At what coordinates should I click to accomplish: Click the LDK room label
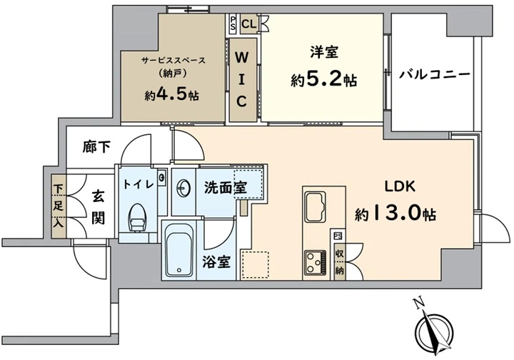coord(400,186)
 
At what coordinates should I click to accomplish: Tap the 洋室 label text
coord(324,52)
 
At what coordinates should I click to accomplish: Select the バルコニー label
coord(434,75)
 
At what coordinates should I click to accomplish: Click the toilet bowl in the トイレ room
coord(137,218)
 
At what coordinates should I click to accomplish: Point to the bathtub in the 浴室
coord(179,251)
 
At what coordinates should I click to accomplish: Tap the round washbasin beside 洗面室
coord(183,189)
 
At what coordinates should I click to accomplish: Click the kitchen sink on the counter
coord(316,207)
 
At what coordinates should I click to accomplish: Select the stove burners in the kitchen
coord(315,263)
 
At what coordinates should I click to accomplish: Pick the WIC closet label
coord(242,80)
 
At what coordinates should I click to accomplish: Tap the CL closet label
coord(249,24)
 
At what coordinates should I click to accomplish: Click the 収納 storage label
coord(340,262)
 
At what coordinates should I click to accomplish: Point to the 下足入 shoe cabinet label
coord(59,206)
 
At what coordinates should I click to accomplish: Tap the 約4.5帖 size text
coord(172,95)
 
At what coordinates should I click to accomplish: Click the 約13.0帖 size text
coord(395,214)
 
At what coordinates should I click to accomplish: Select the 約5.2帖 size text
coord(324,80)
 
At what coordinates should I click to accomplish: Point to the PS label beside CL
coord(233,24)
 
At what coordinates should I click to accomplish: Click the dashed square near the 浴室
coord(255,265)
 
